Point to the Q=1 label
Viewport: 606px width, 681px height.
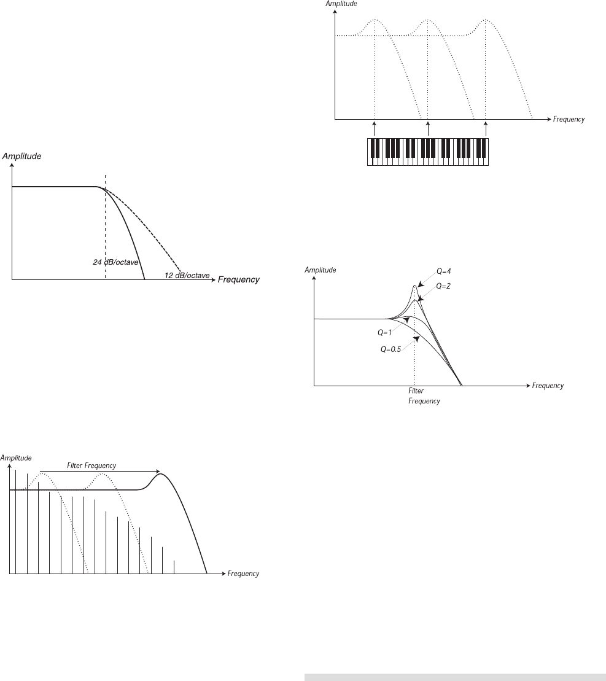coord(385,332)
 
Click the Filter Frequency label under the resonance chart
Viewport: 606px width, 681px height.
coord(424,395)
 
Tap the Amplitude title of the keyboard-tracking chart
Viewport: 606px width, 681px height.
coord(341,4)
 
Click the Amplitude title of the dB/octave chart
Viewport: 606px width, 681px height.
coord(22,157)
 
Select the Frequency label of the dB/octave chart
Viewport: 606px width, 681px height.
coord(238,280)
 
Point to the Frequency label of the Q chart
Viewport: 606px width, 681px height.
coord(548,386)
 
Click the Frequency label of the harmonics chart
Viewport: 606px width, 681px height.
coord(243,574)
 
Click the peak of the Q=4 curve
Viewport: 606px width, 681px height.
coord(416,286)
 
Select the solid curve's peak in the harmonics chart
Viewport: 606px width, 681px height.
coord(161,473)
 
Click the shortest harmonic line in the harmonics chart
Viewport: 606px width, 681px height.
coord(174,566)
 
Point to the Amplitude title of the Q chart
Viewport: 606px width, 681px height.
coord(320,270)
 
